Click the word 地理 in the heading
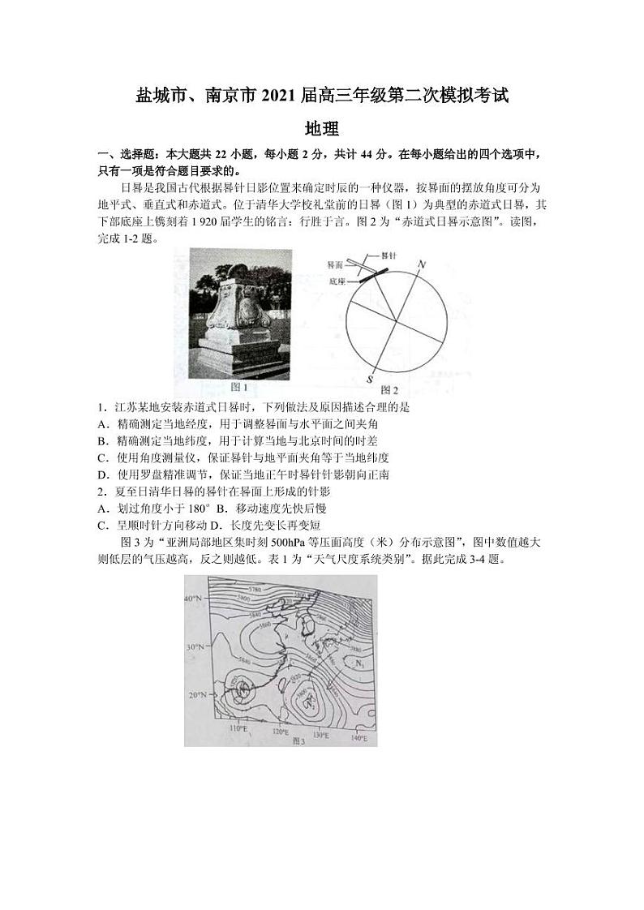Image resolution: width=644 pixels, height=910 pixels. (x=321, y=128)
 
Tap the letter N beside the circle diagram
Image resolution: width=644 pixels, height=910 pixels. (x=421, y=265)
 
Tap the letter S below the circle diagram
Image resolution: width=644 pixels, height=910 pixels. (x=370, y=379)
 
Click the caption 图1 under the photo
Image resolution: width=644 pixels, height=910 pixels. (x=239, y=387)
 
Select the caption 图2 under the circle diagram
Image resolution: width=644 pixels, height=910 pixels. (x=389, y=390)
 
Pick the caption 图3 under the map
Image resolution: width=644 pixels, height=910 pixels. (x=298, y=740)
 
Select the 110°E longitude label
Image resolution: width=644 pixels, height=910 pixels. (x=238, y=729)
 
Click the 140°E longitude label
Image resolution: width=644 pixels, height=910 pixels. (x=359, y=738)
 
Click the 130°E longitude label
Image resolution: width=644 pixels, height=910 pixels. (x=320, y=734)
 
